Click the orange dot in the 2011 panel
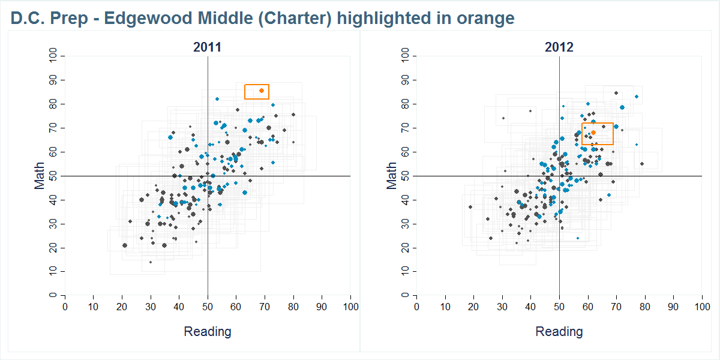pos(261,91)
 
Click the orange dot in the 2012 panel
pos(593,133)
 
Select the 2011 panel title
pos(207,47)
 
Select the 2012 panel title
pos(559,47)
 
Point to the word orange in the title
pos(485,19)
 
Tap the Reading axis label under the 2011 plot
pos(207,331)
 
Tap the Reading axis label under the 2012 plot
pos(559,331)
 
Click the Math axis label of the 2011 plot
pos(40,176)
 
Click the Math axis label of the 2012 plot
pos(392,176)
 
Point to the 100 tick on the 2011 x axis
pos(350,307)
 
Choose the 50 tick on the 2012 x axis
pos(559,307)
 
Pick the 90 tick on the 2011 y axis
pos(53,80)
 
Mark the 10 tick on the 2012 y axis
pos(405,272)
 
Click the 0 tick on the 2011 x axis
pos(65,307)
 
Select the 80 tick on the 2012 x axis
pos(645,307)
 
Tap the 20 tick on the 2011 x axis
pos(122,307)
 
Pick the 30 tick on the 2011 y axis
pos(53,224)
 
